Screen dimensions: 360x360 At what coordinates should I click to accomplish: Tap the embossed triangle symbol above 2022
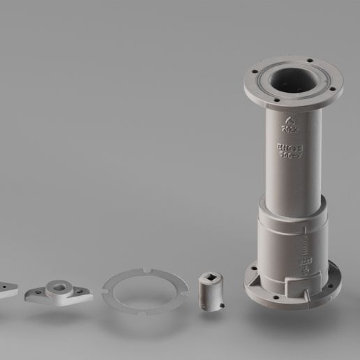(289, 119)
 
